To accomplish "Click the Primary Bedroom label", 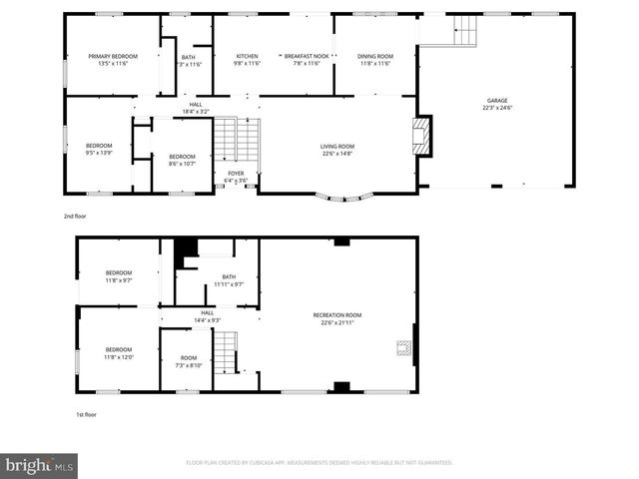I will pos(112,56).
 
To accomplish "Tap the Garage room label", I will pos(497,101).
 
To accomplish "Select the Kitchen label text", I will pos(247,56).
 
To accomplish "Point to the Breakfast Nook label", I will pos(301,56).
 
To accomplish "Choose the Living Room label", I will pos(337,147).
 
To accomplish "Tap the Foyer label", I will pos(236,173).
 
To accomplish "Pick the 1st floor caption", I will pos(87,414).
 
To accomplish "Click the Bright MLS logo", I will pos(40,465).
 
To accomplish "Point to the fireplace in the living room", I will pos(423,137).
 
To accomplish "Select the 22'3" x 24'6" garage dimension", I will pos(497,109).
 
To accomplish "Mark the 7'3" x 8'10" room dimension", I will pos(189,366).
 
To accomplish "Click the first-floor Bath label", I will pos(229,276).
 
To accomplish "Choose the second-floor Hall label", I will pos(197,104).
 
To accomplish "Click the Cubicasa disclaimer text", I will pos(319,463).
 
